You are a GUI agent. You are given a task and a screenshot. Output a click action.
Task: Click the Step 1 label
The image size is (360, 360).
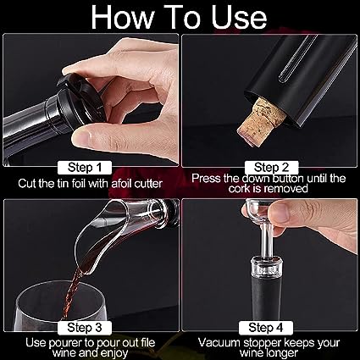(85, 168)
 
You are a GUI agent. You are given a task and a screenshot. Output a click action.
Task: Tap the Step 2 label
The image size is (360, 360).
(271, 168)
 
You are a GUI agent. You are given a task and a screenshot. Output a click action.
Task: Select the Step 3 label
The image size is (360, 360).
(85, 328)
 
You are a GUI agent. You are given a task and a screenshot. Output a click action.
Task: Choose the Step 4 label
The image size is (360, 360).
(266, 328)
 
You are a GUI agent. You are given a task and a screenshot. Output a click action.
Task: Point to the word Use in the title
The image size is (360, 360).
(239, 18)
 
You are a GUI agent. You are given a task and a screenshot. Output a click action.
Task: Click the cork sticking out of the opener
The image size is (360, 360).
(258, 122)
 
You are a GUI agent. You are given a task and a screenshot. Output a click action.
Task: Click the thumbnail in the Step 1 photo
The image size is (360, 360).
(81, 138)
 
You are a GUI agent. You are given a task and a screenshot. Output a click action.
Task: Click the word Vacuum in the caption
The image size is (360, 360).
(219, 342)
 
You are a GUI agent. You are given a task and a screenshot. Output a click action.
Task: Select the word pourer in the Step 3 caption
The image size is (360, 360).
(66, 343)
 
